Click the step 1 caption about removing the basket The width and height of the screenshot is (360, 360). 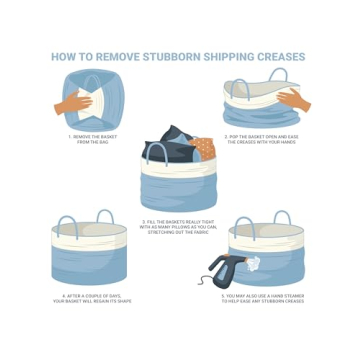92,138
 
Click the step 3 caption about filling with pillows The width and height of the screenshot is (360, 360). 181,226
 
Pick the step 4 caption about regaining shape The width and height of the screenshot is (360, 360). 92,298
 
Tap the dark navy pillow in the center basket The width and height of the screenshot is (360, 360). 170,150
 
